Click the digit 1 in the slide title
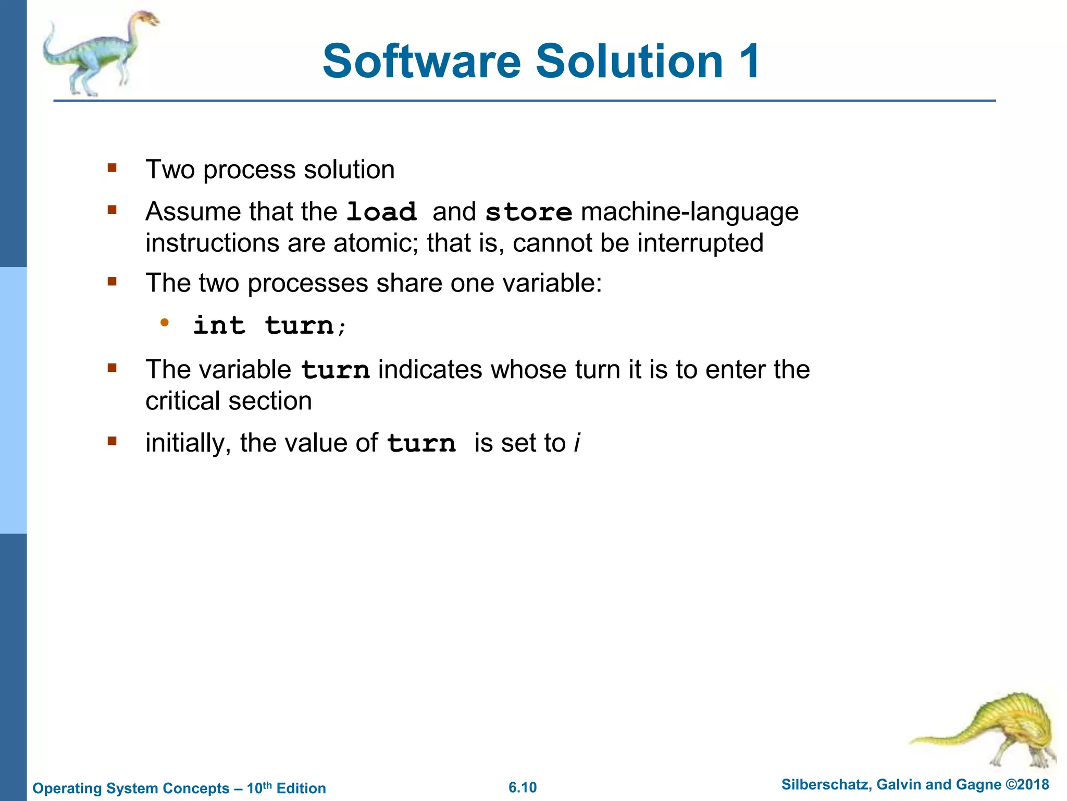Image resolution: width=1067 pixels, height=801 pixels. [x=748, y=62]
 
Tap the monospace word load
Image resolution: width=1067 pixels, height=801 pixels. [x=381, y=212]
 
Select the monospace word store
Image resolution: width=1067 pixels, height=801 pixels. [x=528, y=212]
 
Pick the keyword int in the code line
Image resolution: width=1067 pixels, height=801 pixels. [x=219, y=325]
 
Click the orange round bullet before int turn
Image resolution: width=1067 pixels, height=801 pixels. [x=165, y=322]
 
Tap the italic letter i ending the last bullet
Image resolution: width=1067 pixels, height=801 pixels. [x=577, y=443]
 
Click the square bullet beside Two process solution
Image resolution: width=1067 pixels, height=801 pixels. [x=111, y=168]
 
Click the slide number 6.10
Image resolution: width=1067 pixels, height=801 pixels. [x=523, y=787]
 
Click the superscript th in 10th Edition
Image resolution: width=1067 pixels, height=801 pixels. [x=267, y=784]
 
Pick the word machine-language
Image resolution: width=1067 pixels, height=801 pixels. [x=689, y=212]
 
